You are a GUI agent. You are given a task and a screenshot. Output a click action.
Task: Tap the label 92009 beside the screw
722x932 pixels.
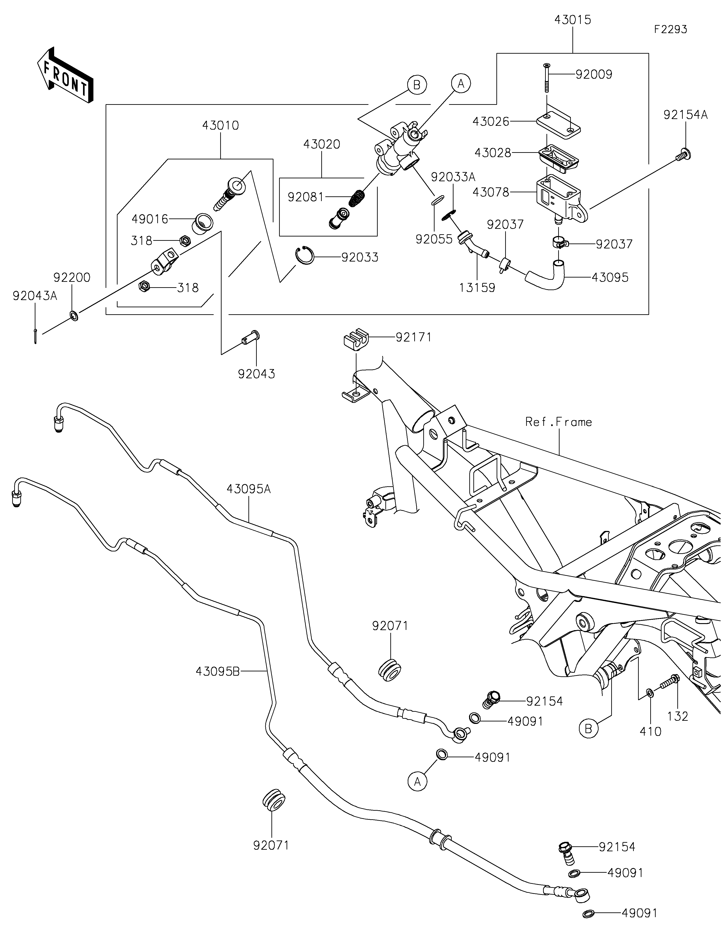[x=593, y=75]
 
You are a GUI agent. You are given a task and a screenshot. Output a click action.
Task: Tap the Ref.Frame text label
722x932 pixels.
[x=558, y=422]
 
